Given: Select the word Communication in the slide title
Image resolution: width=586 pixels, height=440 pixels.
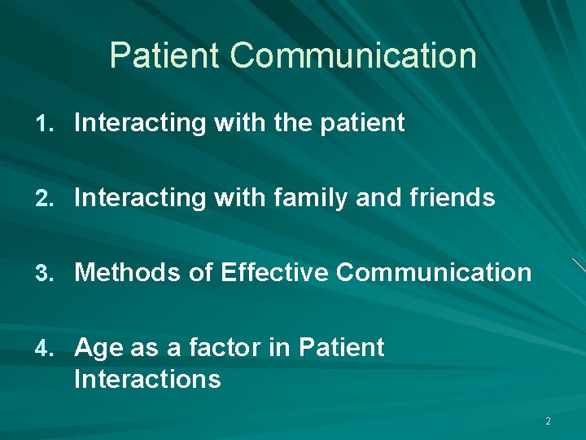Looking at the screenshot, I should click(353, 56).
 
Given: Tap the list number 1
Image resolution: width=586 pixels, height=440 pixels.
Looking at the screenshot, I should click(44, 124).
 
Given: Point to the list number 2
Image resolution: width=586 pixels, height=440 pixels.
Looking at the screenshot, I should click(44, 198).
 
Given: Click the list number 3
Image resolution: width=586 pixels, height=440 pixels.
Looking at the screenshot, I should click(44, 273).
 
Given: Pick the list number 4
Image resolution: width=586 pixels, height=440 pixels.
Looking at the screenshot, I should click(44, 348).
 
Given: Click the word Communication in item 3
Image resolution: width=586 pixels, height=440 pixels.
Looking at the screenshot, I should click(433, 273).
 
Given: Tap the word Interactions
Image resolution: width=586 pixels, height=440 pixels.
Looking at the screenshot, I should click(147, 379).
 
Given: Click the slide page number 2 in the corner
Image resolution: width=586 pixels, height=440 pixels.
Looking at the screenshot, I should click(548, 421).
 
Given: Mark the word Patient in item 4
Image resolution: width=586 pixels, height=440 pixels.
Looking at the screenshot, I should click(341, 348).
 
